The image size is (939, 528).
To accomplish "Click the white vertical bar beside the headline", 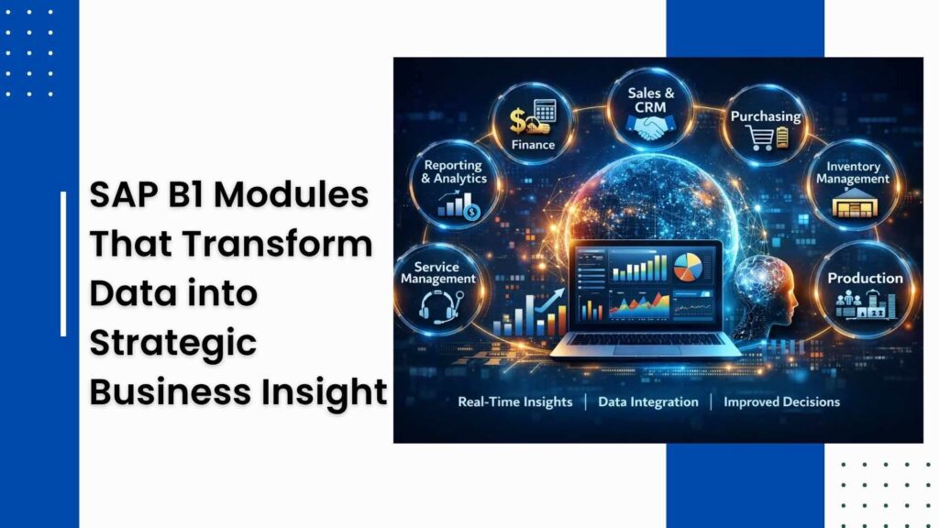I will (x=63, y=264).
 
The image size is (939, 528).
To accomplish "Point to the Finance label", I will (x=533, y=145).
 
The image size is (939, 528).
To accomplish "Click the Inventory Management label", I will (x=852, y=173).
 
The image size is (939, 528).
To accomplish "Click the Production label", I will (x=865, y=278).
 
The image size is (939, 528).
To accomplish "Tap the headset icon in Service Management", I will (x=436, y=303).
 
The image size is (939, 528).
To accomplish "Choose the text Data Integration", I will (x=647, y=401).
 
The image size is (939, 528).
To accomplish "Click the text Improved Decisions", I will (x=781, y=401).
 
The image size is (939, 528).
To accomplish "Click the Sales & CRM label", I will (x=652, y=101).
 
